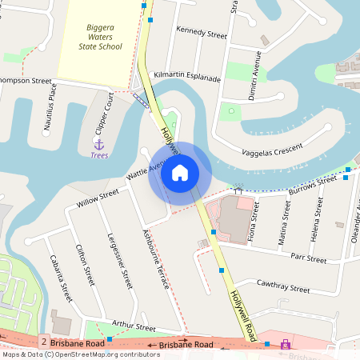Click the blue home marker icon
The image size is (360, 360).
180,173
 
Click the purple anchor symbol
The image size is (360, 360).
99,145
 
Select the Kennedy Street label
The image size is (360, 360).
202,33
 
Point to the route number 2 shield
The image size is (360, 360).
42,342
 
